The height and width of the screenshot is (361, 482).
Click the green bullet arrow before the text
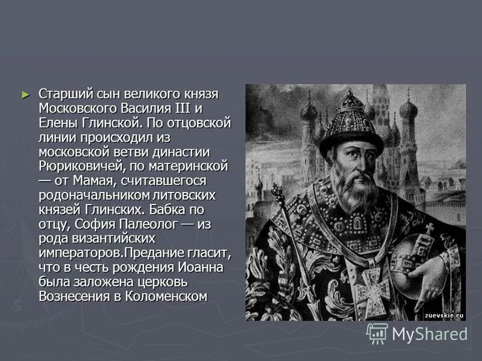[25, 94]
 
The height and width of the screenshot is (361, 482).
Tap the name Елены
[57, 123]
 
